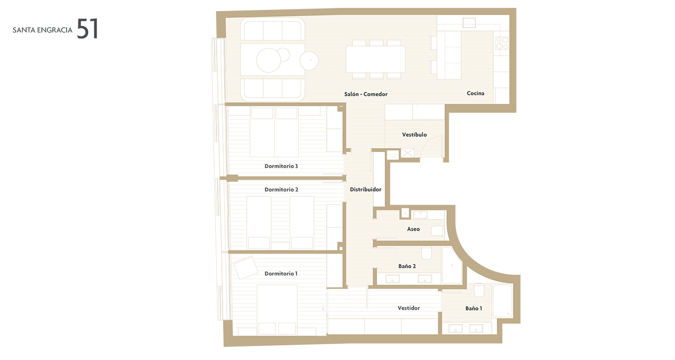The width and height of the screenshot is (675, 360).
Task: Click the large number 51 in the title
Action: click(87, 29)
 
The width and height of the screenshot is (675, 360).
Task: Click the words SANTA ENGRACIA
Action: click(42, 30)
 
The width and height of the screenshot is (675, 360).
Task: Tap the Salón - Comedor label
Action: click(366, 94)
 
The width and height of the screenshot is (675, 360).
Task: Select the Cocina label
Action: click(476, 94)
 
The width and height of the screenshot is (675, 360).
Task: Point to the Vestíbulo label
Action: click(414, 135)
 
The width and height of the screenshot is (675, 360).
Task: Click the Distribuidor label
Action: click(365, 189)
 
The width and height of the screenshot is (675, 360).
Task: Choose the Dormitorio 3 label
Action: click(281, 166)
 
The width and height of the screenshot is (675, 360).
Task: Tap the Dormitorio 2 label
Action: click(281, 189)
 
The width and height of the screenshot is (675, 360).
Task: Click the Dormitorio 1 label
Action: click(281, 274)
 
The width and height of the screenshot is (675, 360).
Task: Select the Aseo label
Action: click(414, 229)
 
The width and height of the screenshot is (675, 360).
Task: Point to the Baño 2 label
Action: click(407, 266)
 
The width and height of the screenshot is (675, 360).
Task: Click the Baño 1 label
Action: click(474, 309)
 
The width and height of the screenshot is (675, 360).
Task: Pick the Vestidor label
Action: click(409, 308)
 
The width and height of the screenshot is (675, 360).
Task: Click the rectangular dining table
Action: click(375, 59)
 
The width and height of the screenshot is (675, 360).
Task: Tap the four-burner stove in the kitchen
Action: click(502, 43)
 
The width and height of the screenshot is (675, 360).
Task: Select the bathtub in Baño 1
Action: click(502, 301)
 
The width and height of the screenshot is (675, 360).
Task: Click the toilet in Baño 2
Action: click(427, 252)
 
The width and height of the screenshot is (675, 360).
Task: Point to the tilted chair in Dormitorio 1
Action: click(246, 267)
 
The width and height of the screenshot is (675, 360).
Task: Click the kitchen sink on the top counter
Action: click(469, 23)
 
